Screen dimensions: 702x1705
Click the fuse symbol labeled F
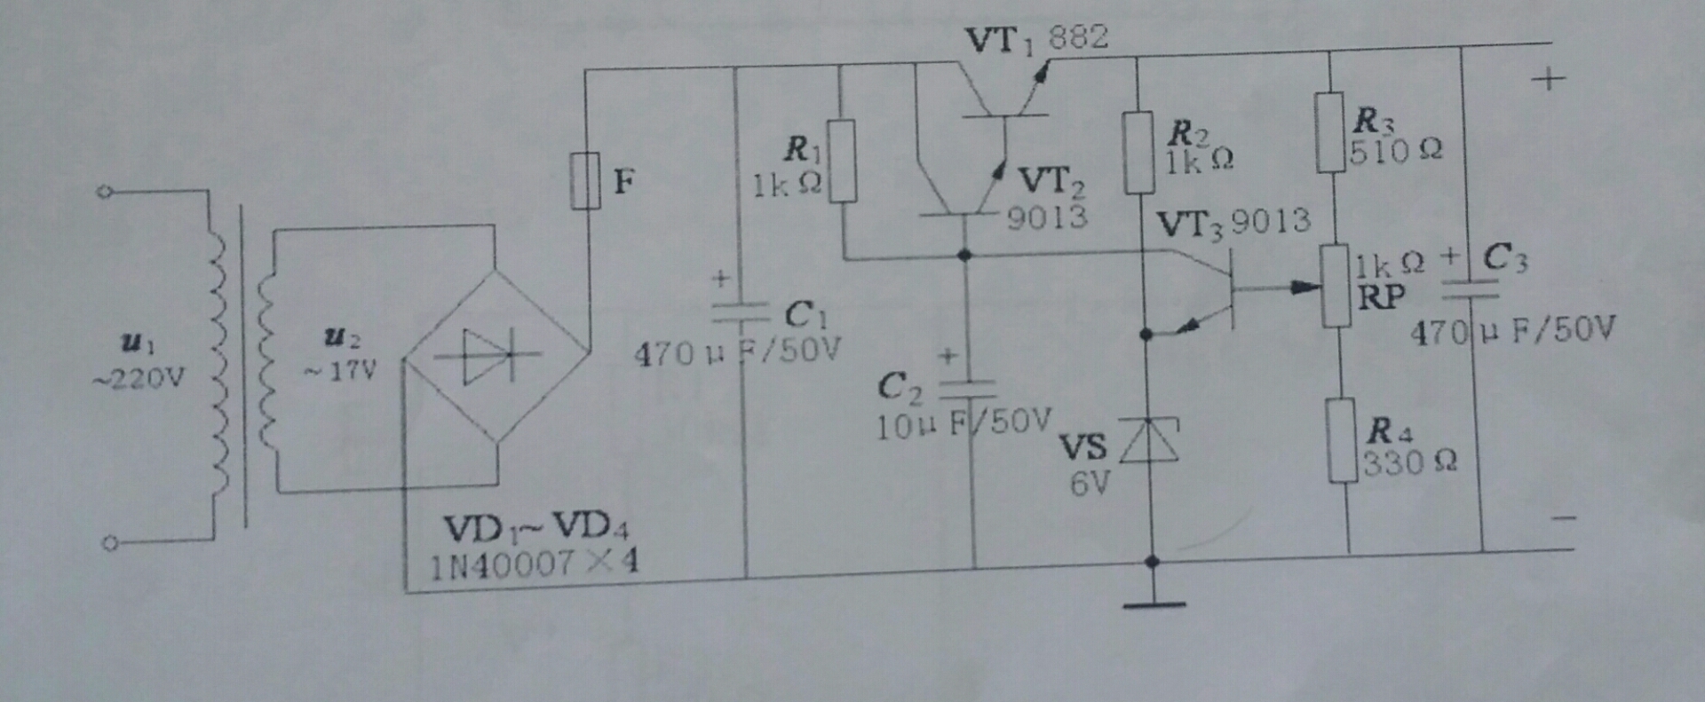[x=584, y=181]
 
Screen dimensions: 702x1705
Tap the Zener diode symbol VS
[x=1150, y=441]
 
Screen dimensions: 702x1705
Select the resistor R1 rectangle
[x=842, y=161]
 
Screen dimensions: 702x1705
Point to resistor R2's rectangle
[x=1138, y=153]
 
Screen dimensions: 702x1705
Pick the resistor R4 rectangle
[x=1342, y=440]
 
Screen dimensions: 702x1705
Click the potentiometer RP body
[x=1335, y=287]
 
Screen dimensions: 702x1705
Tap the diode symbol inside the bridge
[x=487, y=356]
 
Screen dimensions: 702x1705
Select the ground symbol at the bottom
[x=1154, y=604]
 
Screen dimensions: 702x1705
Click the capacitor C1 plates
[x=741, y=312]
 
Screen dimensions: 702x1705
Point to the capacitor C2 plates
[x=967, y=389]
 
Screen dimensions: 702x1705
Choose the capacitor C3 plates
[x=1469, y=288]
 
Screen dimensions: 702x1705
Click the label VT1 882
[x=1036, y=39]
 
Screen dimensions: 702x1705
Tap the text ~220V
[x=139, y=379]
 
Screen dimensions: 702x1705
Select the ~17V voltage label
[x=341, y=369]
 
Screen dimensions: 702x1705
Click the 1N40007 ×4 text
[x=534, y=564]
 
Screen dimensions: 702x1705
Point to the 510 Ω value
[x=1396, y=151]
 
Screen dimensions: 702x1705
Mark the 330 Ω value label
[x=1410, y=462]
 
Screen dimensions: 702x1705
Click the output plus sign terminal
[x=1548, y=79]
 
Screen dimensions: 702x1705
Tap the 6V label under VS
[x=1090, y=484]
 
